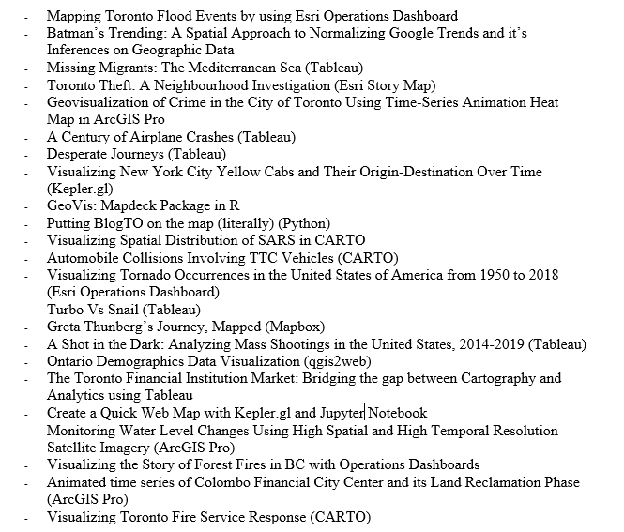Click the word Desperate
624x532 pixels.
(x=79, y=154)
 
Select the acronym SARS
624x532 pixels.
(x=269, y=240)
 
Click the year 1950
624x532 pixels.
(x=489, y=275)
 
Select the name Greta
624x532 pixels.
(x=66, y=327)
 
